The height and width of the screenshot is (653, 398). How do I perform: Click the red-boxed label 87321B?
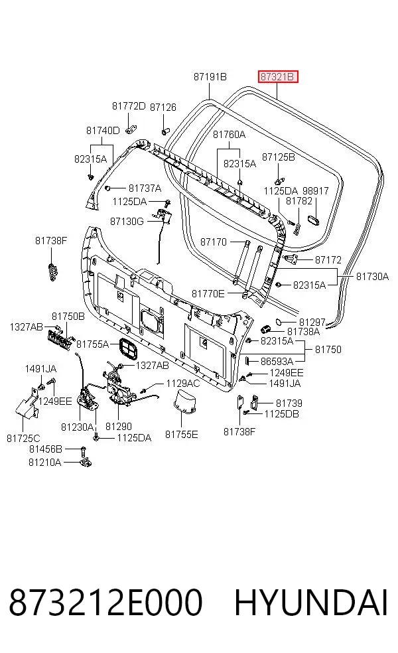point(278,76)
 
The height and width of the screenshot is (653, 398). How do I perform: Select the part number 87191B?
point(210,76)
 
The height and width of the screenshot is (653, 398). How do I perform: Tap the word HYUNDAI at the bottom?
point(311,603)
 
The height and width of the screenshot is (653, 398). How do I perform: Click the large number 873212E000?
point(105,603)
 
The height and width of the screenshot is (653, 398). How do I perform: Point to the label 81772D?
point(129,106)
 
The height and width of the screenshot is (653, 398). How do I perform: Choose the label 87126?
point(163,108)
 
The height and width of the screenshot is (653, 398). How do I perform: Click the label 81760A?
point(229,135)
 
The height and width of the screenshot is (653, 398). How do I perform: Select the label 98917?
point(315,190)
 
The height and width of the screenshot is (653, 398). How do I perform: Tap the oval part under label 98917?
point(313,220)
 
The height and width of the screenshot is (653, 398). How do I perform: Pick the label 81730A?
point(372,276)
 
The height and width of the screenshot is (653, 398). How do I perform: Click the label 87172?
point(328,260)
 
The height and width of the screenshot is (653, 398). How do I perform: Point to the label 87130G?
point(127,222)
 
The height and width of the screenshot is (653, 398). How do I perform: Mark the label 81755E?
point(182,435)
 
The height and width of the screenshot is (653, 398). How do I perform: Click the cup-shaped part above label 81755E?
point(184,401)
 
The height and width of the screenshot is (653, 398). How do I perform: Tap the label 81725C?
point(23,438)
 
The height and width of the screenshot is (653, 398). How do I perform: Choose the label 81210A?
point(44,463)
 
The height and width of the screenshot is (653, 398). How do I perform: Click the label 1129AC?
point(183,384)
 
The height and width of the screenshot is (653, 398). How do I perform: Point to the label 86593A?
point(277,361)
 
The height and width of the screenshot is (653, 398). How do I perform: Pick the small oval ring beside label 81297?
point(280,322)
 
